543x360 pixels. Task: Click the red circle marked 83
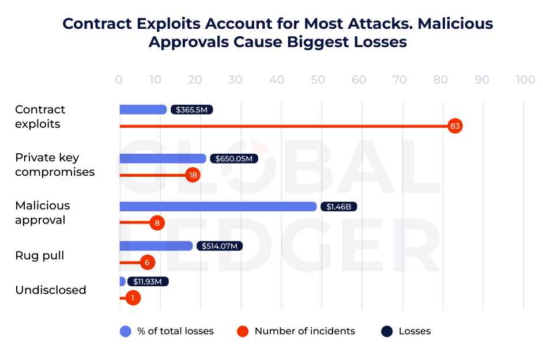click(455, 126)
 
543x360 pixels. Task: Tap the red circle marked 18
click(193, 175)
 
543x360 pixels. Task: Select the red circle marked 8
click(157, 222)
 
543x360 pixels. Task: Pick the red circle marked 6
click(148, 262)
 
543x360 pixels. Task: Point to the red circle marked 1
click(133, 298)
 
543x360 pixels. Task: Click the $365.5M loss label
click(191, 109)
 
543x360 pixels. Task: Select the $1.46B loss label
click(339, 206)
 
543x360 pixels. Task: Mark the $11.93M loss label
click(148, 282)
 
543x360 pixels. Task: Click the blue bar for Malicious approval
click(218, 206)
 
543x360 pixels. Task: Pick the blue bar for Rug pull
click(156, 246)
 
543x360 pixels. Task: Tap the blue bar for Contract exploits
click(143, 109)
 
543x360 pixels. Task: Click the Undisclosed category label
click(51, 290)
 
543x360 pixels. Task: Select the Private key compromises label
click(55, 165)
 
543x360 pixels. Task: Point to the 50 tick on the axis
click(318, 80)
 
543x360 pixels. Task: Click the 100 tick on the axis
click(525, 80)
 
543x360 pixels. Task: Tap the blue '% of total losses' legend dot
click(126, 331)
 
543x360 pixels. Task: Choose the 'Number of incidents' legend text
click(304, 331)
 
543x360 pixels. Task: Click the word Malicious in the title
click(455, 24)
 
